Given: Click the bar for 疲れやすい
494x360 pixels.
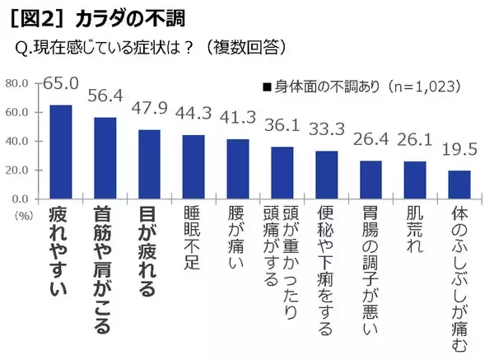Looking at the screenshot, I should click(x=60, y=152).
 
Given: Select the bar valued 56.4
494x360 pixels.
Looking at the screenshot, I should click(x=105, y=158).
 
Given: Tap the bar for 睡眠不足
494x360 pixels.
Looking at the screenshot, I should click(x=193, y=167).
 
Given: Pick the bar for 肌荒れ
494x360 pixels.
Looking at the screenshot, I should click(x=415, y=180).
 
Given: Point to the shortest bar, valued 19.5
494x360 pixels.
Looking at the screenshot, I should click(x=459, y=185).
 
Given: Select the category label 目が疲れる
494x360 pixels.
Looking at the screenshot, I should click(x=149, y=250).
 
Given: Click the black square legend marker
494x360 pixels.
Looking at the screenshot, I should click(x=268, y=86).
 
